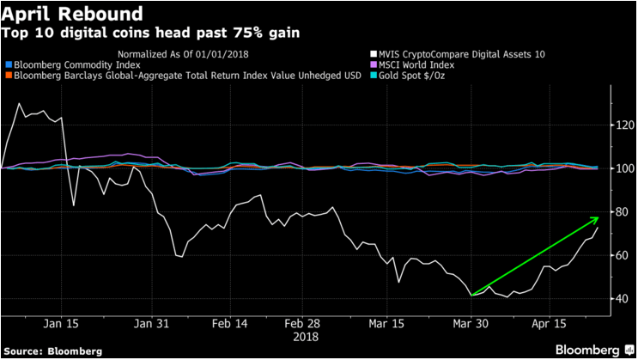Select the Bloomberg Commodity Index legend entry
[75, 64]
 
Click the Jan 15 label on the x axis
[59, 323]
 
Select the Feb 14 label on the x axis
[229, 323]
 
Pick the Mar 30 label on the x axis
[472, 323]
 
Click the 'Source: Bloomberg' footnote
[53, 351]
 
